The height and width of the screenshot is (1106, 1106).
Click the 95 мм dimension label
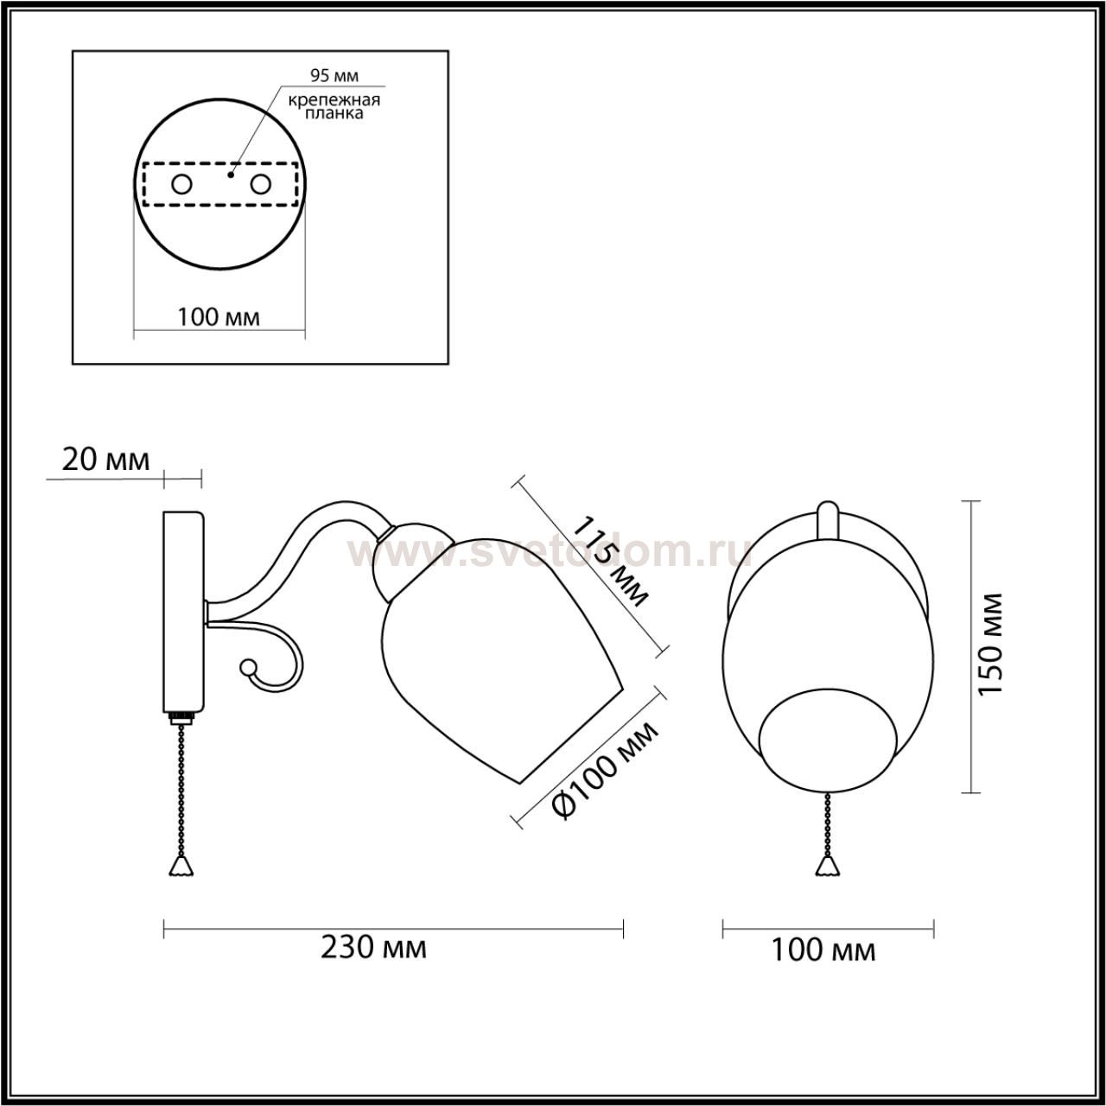[x=334, y=75]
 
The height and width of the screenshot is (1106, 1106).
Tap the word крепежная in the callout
[x=334, y=100]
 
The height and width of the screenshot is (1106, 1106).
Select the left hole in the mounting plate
[x=182, y=184]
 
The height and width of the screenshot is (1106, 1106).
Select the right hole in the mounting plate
[x=261, y=184]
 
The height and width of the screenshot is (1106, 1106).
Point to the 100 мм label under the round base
[x=219, y=317]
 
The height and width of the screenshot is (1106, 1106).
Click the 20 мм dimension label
[x=105, y=460]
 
